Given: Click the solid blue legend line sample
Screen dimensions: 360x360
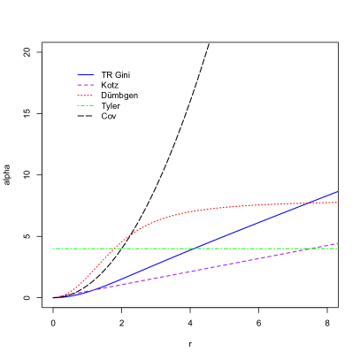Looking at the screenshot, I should coord(86,75).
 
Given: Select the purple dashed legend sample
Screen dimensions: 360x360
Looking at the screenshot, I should coord(86,85).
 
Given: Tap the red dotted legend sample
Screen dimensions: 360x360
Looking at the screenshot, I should coord(86,96).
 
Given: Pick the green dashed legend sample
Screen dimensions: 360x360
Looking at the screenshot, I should coord(86,105).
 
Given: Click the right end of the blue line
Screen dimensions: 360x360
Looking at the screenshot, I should coord(338,191).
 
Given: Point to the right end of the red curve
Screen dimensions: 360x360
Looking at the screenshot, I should coord(338,203).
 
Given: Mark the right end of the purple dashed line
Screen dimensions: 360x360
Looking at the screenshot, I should coord(338,243).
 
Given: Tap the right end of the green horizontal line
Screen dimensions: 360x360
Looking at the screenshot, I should coord(338,249).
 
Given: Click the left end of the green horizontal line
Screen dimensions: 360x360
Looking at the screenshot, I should coord(53,249).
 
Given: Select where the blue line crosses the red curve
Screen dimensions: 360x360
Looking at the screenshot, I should coord(306,203).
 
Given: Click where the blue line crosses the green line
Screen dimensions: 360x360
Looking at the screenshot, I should coord(193,249).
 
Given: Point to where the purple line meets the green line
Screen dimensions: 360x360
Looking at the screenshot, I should coord(318,249).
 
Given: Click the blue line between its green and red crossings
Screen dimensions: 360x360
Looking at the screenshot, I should coord(248,226).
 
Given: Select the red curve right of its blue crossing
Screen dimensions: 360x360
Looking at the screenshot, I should coord(323,203).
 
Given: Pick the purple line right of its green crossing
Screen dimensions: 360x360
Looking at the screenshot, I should coord(329,245).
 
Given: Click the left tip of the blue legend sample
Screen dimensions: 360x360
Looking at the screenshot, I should coord(78,75).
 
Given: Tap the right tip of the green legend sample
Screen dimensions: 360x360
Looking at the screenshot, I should coord(94,105).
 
